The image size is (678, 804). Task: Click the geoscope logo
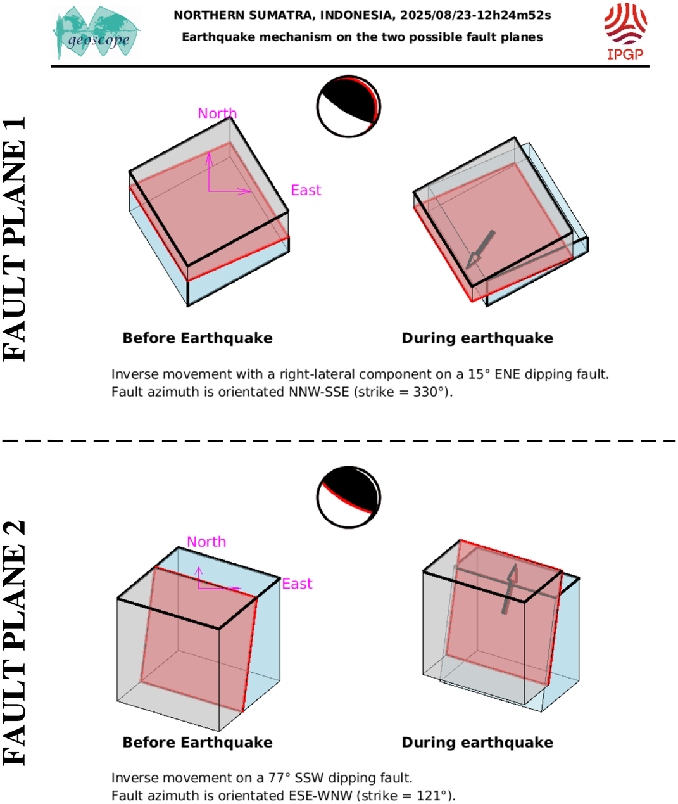(96, 32)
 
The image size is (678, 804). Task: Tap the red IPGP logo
(625, 32)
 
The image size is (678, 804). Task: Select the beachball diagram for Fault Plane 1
(349, 106)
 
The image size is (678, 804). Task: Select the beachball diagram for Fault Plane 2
(349, 497)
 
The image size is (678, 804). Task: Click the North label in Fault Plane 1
(217, 113)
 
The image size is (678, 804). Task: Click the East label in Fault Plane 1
(306, 190)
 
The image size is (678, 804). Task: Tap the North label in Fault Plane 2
(206, 542)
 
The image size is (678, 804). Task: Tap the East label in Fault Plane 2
(297, 584)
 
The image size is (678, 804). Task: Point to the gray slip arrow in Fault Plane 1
(480, 250)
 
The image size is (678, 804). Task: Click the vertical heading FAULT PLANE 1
(14, 239)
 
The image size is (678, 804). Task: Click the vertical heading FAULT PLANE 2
(14, 643)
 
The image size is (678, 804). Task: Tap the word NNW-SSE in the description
(319, 392)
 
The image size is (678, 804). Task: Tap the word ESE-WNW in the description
(320, 795)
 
